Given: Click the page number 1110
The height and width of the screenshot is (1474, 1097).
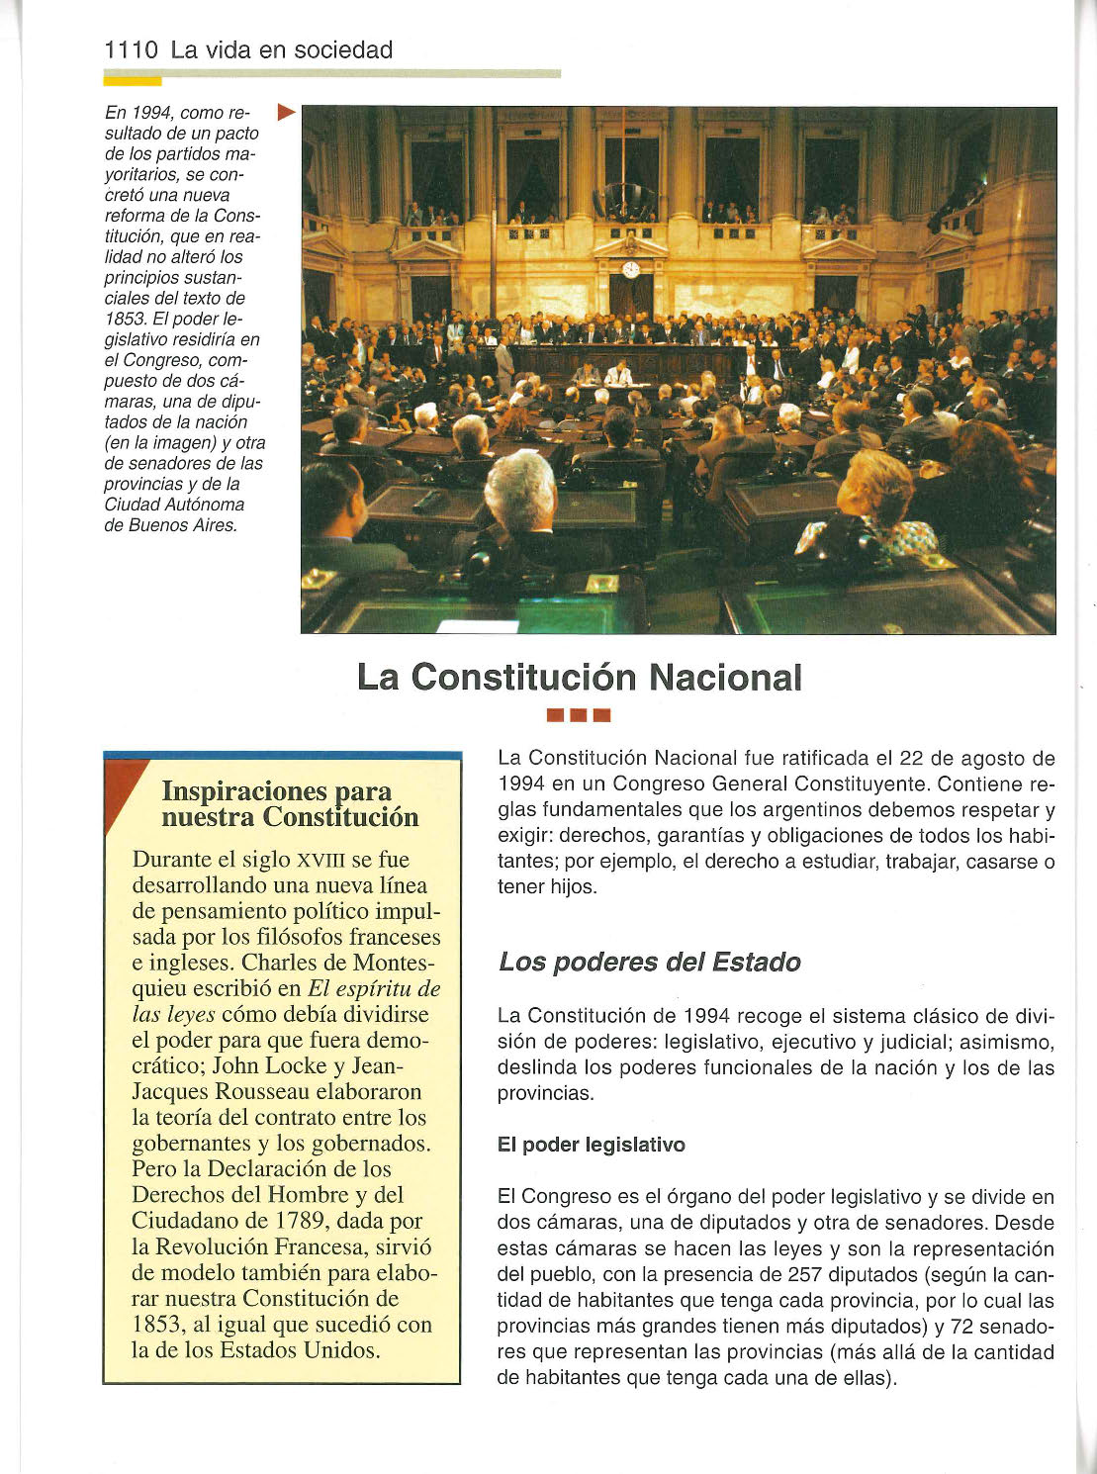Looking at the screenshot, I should coord(131,50).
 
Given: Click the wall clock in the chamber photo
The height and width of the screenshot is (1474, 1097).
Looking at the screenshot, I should coord(630,269).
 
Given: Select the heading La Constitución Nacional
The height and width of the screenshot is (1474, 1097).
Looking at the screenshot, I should coord(579,678).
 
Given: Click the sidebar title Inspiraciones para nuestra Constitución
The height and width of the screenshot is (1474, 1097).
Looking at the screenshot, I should coord(290,804).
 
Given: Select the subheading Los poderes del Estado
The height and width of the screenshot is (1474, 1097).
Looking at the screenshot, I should coord(649,962).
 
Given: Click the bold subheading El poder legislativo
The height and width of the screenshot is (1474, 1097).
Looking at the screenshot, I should coord(591,1145).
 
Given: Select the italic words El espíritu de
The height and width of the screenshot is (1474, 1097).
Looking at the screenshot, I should coord(374,988).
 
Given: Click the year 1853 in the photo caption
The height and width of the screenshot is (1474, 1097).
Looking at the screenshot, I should coord(125,319).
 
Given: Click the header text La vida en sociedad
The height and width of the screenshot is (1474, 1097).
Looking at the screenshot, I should coord(282,50).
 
